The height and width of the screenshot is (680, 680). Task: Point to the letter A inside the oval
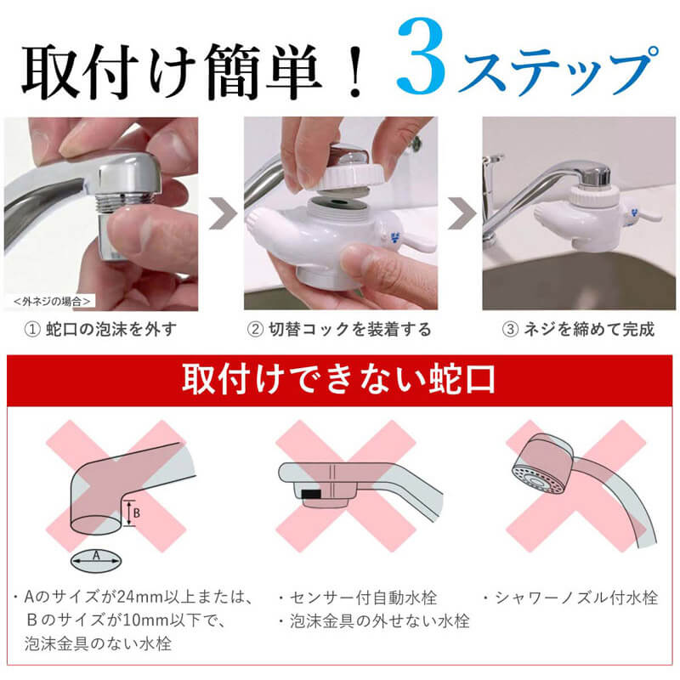point(96,556)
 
